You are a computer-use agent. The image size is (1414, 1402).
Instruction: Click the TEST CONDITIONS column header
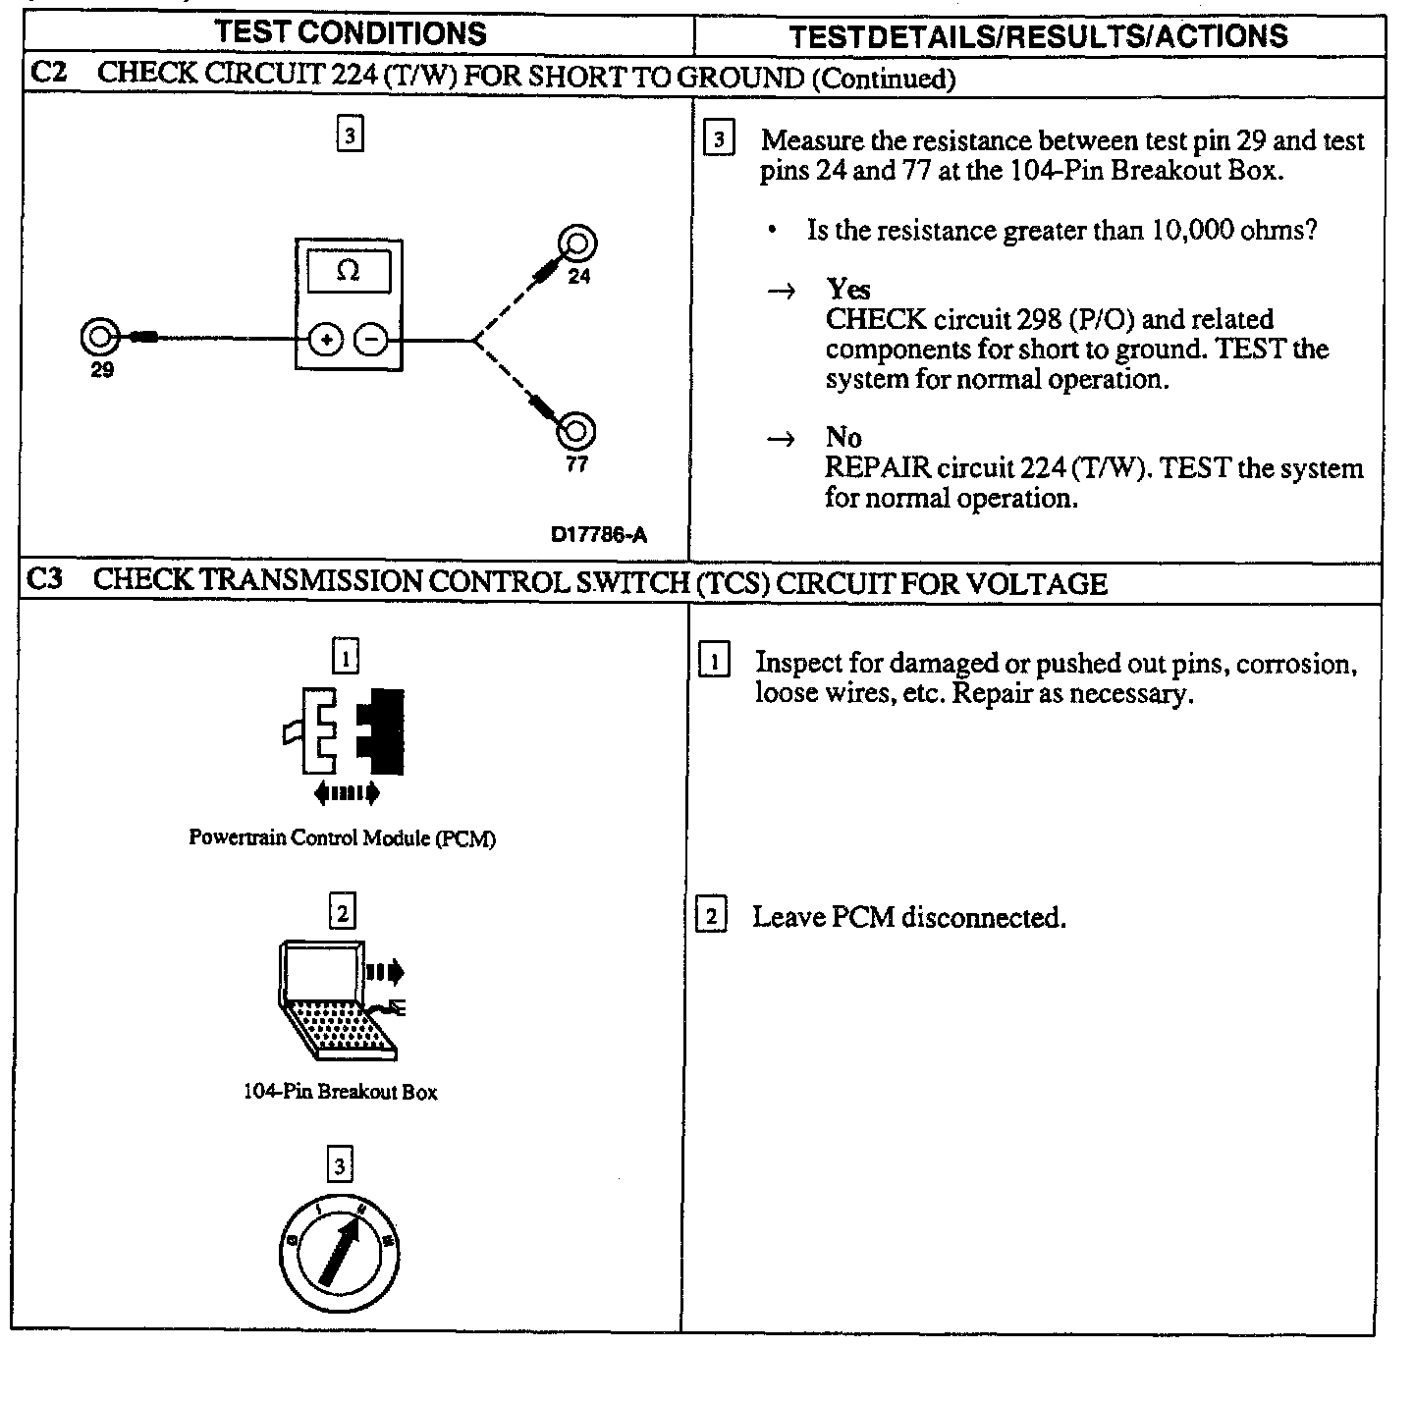[x=351, y=32]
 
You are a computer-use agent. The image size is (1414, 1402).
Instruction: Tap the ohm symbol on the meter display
[x=348, y=271]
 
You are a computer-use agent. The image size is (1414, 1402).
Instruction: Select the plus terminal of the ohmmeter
[x=325, y=340]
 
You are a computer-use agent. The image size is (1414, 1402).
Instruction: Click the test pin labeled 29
[x=99, y=338]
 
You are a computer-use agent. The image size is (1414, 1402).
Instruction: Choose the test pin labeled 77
[x=576, y=431]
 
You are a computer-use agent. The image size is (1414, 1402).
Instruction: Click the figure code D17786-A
[x=599, y=535]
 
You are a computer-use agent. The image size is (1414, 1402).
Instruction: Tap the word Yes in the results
[x=848, y=289]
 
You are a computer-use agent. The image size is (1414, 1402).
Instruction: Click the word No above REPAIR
[x=843, y=437]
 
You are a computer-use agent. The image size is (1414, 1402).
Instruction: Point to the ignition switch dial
[x=340, y=1257]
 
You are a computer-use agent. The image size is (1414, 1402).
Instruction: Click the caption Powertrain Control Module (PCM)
[x=342, y=838]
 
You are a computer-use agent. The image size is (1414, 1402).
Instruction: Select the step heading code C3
[x=44, y=580]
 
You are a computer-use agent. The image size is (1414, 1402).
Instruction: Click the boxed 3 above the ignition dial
[x=340, y=1166]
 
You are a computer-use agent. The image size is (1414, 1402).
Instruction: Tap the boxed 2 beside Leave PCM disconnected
[x=712, y=917]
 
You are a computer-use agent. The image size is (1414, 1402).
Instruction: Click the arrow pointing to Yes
[x=780, y=292]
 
